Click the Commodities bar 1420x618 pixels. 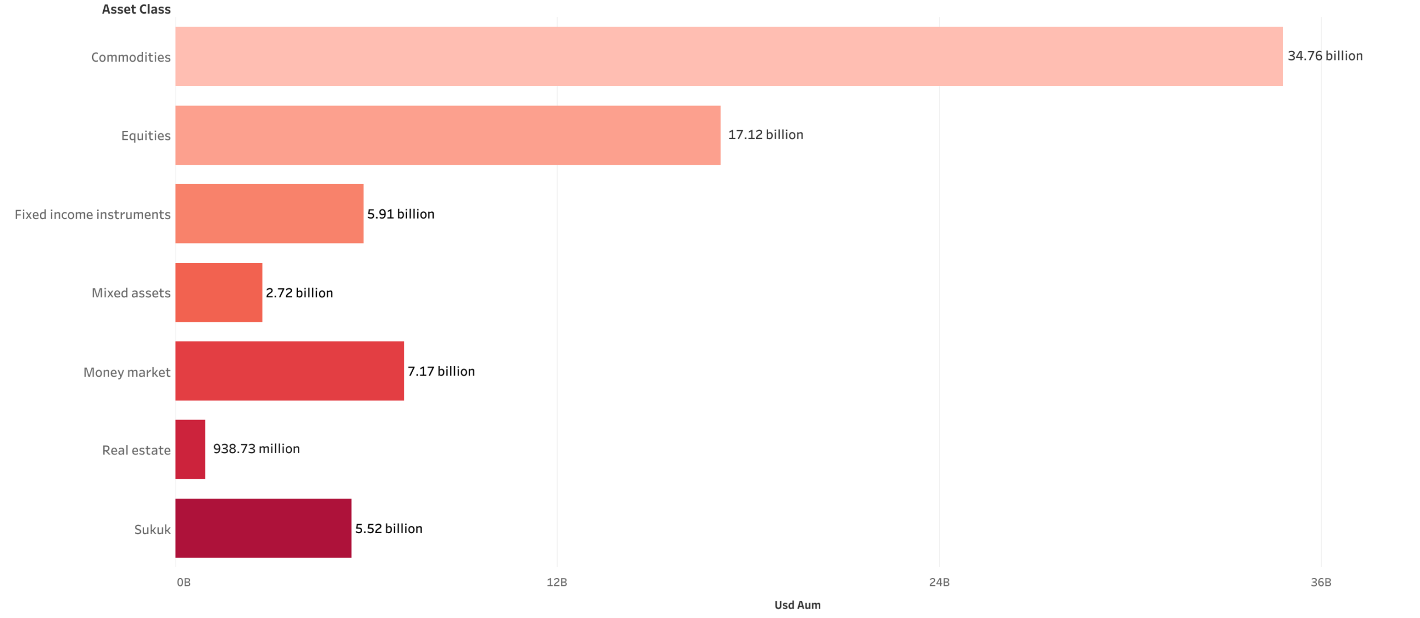tap(728, 56)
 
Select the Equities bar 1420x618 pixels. tap(448, 135)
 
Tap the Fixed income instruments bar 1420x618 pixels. tap(269, 214)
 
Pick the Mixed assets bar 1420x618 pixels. tap(219, 292)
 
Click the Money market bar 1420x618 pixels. tap(290, 371)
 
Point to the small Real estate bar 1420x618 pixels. tap(190, 449)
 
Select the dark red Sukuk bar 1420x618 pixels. tap(263, 528)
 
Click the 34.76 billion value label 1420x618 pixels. tap(1325, 56)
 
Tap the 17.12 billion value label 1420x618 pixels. tap(765, 135)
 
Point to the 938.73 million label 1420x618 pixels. tap(256, 449)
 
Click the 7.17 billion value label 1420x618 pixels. tap(441, 371)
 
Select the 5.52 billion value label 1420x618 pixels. tap(388, 528)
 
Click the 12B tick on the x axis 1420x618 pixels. tap(556, 582)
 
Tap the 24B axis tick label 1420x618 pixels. tap(939, 582)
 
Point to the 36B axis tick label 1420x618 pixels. tap(1320, 582)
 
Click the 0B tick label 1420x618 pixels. tap(184, 582)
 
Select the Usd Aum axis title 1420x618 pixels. tap(797, 605)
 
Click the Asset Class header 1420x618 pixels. tap(136, 9)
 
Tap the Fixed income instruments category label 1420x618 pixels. tap(93, 214)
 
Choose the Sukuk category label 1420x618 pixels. tap(152, 529)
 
